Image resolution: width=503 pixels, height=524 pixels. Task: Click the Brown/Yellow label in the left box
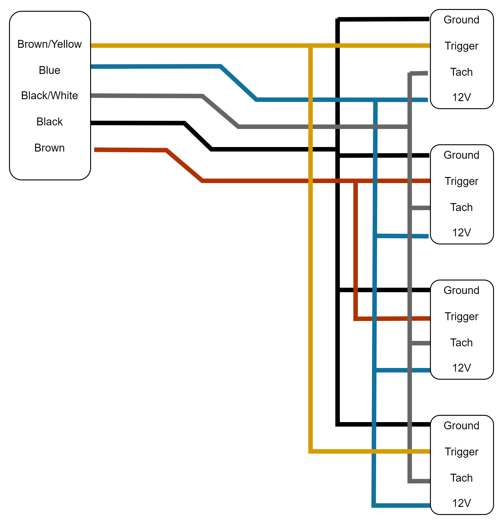(49, 44)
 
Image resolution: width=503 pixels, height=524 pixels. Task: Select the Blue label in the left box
(49, 70)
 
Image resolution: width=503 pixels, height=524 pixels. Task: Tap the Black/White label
(49, 95)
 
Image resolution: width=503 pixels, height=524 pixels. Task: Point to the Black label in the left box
(49, 122)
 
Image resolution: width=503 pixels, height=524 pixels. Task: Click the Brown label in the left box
(49, 148)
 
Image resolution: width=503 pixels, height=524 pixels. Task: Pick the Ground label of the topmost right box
(461, 20)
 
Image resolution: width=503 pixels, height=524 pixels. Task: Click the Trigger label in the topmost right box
(461, 46)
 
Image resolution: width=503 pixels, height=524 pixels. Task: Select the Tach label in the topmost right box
(461, 72)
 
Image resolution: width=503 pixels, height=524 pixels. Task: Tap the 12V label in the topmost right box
(461, 97)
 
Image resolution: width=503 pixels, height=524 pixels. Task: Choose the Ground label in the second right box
(461, 155)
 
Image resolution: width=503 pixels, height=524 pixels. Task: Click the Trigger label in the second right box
(461, 181)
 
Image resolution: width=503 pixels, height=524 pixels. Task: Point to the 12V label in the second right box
(461, 233)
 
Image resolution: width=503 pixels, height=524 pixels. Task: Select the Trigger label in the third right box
(461, 317)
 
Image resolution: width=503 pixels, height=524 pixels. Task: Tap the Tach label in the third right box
(461, 343)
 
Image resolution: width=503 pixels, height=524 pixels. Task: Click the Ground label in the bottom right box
(461, 426)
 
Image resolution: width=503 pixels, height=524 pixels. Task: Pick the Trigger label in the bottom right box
(461, 452)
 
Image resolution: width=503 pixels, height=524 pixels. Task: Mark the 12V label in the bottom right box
(461, 503)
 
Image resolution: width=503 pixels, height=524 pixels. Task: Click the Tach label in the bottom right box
(461, 478)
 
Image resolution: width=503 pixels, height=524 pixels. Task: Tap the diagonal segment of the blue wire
(238, 83)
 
